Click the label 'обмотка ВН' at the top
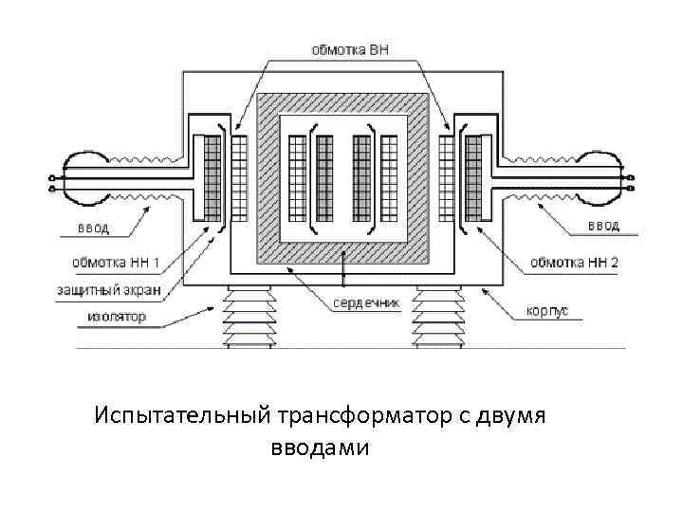[x=351, y=49]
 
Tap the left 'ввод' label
[x=93, y=228]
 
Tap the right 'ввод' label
[x=603, y=226]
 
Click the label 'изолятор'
[x=111, y=317]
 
